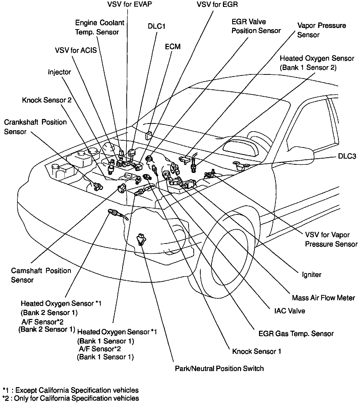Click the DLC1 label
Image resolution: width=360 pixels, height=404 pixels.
(156, 26)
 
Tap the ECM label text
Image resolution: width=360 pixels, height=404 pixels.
(173, 46)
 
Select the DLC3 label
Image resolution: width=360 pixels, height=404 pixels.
(347, 156)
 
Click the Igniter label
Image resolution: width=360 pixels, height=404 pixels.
(311, 275)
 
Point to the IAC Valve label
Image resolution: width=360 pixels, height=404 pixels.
(289, 311)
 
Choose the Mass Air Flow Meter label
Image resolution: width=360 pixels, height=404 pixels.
(323, 298)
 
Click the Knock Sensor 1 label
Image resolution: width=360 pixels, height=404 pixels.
(256, 351)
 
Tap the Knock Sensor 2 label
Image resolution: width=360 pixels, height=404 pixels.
(47, 100)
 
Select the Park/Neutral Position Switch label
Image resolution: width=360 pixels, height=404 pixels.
(219, 369)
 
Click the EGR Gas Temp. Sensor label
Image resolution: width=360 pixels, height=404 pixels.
(296, 334)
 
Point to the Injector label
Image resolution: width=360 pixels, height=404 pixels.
(59, 72)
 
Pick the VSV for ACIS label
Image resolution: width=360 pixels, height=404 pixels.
(76, 50)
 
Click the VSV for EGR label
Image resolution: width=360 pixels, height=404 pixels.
(217, 5)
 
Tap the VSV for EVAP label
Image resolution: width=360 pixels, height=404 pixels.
(130, 5)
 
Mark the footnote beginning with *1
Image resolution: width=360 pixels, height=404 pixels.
(71, 390)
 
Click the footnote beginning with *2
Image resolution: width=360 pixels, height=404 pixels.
(71, 398)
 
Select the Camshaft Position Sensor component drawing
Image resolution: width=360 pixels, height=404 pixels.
(121, 188)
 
